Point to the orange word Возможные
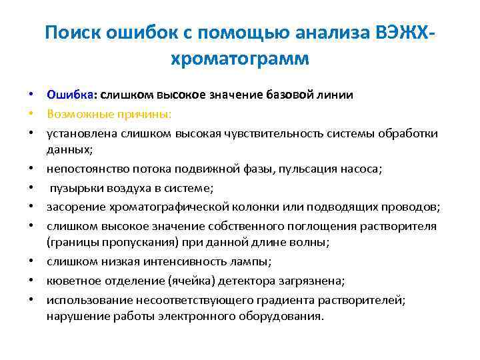pyautogui.click(x=79, y=114)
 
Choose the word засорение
pyautogui.click(x=73, y=207)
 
